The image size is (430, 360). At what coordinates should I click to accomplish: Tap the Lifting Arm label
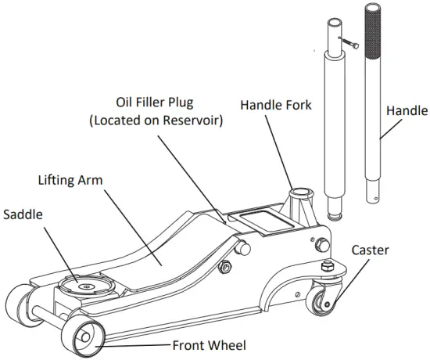coord(71,180)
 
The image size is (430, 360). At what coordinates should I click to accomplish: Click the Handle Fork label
coord(276,104)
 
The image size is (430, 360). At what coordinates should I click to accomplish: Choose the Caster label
coord(370,250)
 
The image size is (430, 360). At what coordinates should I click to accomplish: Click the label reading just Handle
coord(407,111)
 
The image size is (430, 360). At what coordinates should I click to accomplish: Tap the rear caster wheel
coord(323,301)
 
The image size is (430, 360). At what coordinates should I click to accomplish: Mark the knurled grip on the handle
coord(374,31)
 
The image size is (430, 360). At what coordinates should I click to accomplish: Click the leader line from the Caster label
coord(347,281)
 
